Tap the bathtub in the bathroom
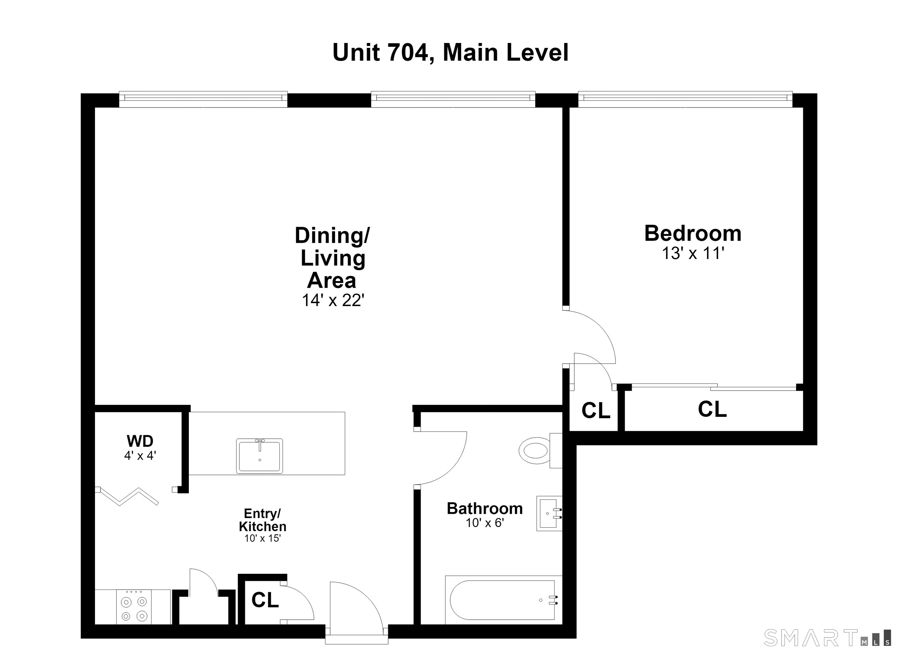[x=504, y=600]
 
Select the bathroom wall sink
[x=549, y=513]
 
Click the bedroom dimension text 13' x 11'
[x=693, y=253]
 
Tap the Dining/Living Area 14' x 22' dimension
[x=333, y=300]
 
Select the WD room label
[x=140, y=441]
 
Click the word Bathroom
[x=485, y=509]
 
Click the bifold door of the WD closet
[x=127, y=496]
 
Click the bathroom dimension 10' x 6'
[x=485, y=523]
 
